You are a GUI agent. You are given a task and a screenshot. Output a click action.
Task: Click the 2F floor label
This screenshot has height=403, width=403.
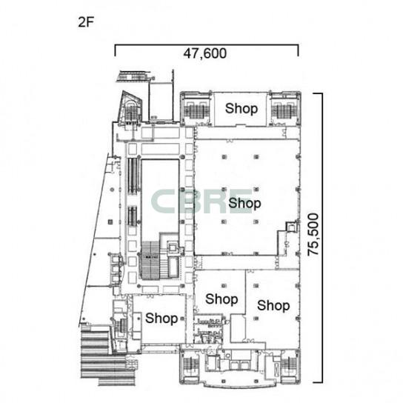[86, 22]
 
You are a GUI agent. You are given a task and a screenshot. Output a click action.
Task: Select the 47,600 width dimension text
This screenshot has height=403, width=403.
[205, 53]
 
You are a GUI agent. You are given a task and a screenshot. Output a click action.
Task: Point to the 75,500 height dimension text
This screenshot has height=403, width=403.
[313, 234]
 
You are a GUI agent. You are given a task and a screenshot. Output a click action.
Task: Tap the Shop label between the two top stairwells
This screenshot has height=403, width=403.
[242, 108]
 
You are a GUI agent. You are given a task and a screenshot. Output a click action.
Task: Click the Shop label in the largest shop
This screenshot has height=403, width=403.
[244, 203]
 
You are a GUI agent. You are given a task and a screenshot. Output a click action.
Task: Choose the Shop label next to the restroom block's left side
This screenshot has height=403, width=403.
[161, 319]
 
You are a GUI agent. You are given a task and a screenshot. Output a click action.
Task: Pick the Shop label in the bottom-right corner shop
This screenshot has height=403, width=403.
[273, 305]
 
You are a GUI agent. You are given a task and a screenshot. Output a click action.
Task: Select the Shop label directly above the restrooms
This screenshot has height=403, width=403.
[222, 299]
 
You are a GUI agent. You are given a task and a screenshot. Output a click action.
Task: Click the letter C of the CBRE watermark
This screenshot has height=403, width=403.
[163, 201]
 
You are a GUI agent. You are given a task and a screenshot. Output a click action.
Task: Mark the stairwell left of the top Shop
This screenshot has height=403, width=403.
[196, 109]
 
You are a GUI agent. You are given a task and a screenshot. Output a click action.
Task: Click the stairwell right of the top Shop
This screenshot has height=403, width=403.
[284, 109]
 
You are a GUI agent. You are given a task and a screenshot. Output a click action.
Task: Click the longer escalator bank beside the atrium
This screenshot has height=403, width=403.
[133, 176]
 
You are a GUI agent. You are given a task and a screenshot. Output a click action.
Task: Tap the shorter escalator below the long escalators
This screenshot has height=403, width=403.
[133, 216]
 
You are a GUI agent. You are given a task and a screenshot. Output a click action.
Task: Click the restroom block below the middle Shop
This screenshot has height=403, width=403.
[208, 330]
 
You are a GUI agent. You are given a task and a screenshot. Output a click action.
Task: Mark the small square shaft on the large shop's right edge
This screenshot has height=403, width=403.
[292, 227]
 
